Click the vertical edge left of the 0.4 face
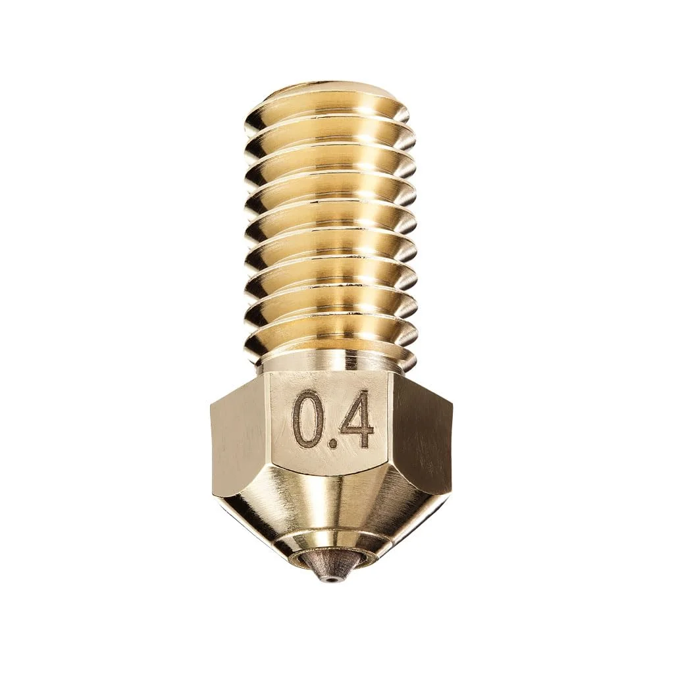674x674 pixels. [268, 428]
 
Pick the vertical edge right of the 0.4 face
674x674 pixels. [394, 428]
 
